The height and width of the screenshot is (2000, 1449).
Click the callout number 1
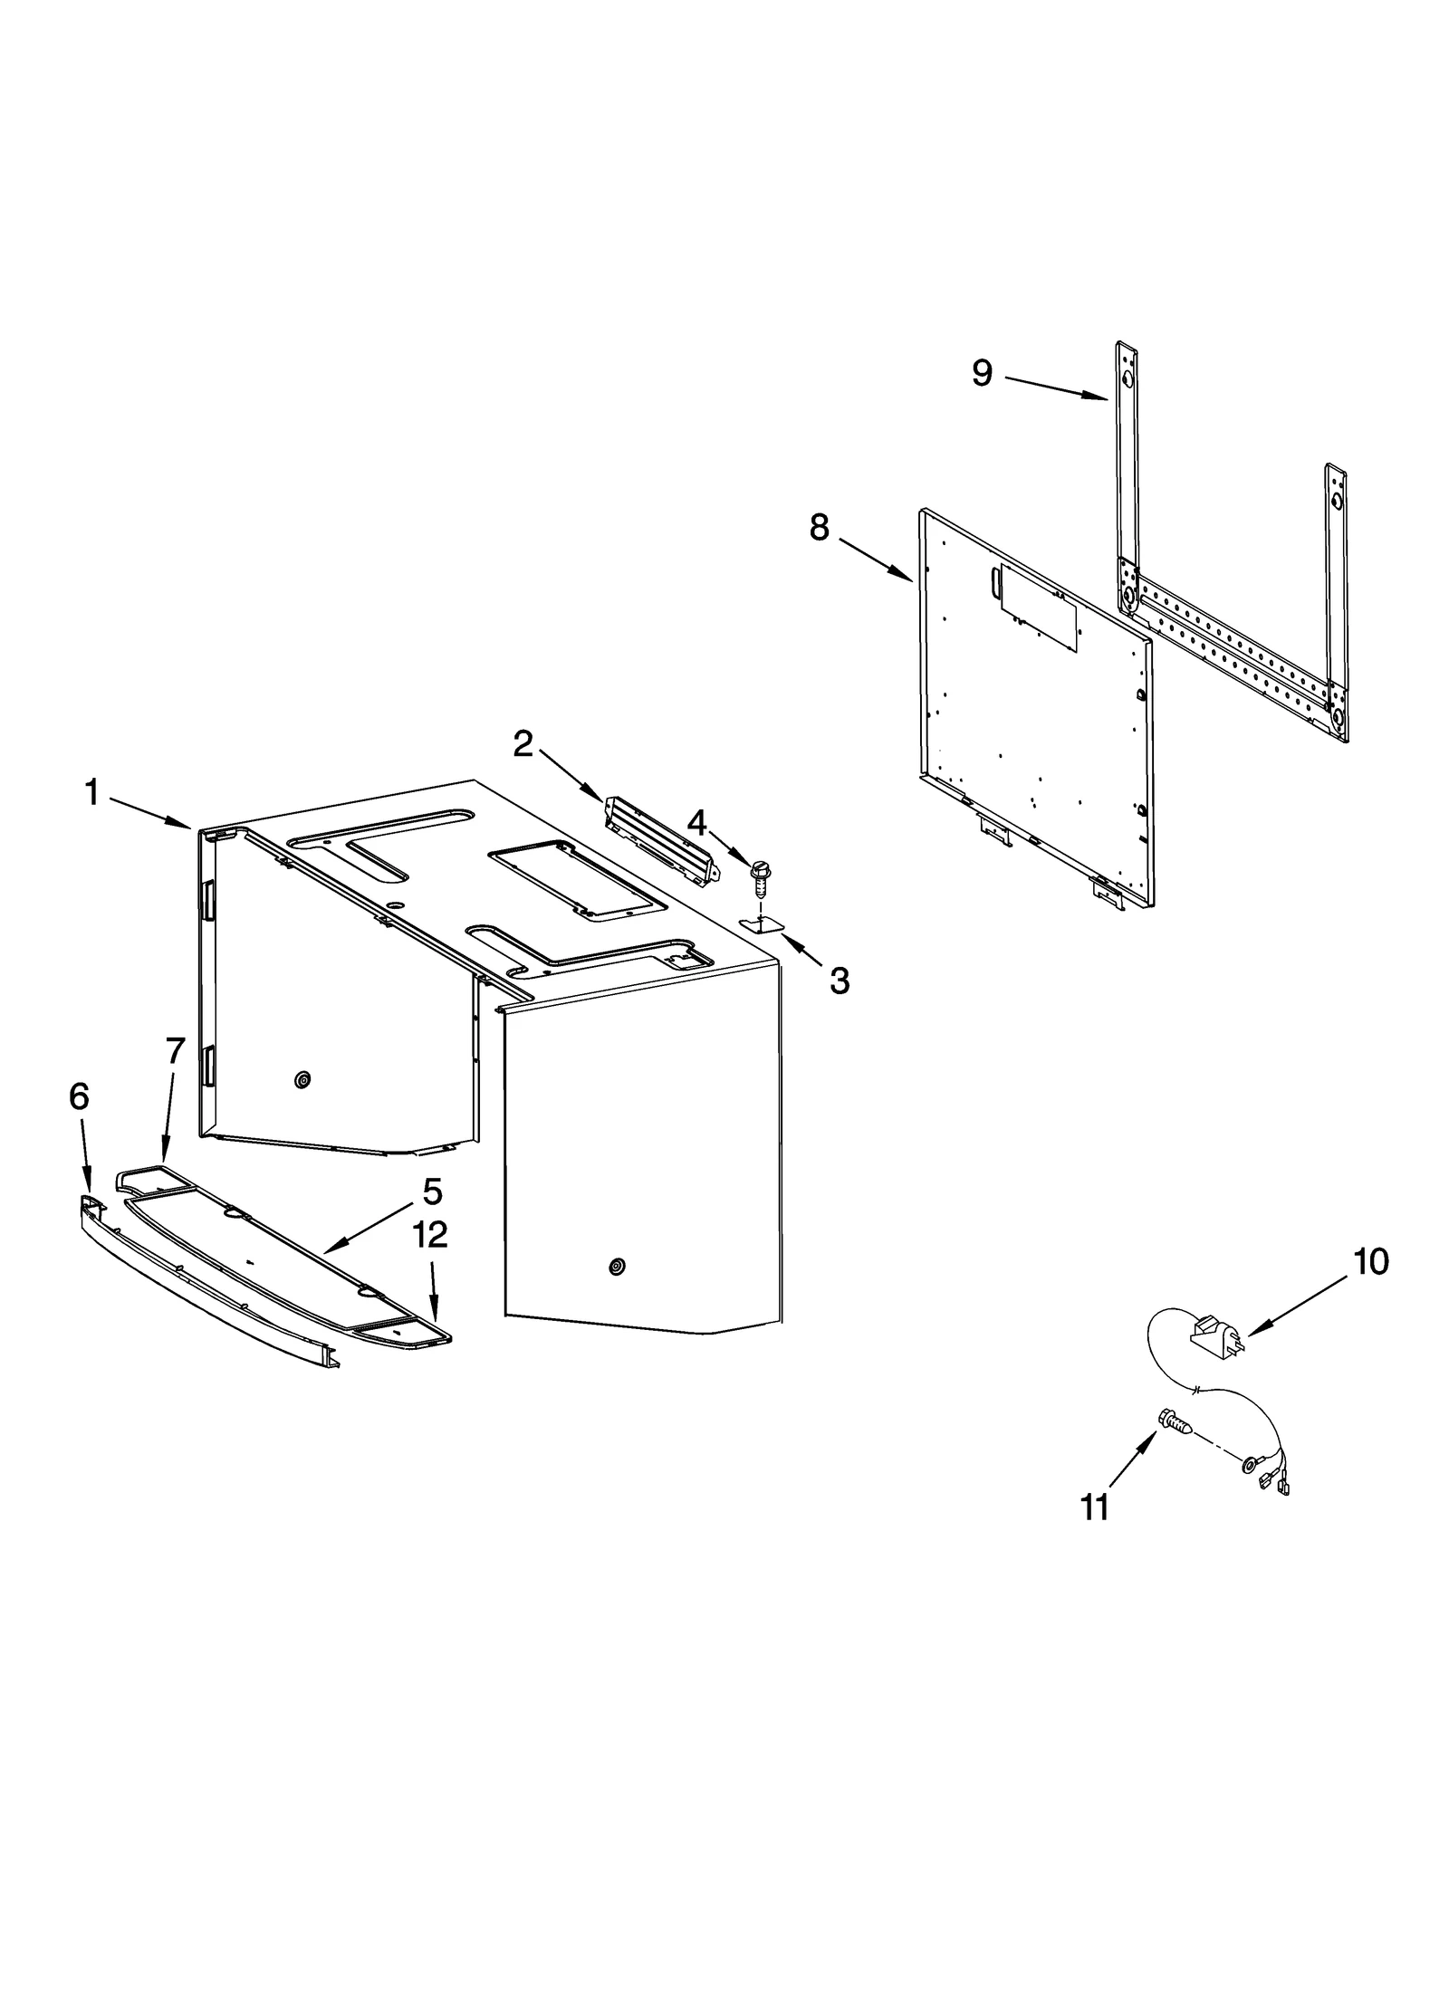click(x=91, y=793)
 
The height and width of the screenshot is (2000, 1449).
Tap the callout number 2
click(x=523, y=744)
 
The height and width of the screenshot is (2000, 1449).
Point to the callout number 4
click(x=696, y=823)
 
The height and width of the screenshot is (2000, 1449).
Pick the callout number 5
click(x=432, y=1192)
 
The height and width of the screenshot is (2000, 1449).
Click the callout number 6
click(x=80, y=1096)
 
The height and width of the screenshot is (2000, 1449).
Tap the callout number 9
click(x=982, y=372)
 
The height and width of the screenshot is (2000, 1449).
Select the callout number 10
click(x=1371, y=1261)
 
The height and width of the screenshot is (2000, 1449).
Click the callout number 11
click(x=1095, y=1507)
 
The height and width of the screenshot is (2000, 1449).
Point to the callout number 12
click(x=431, y=1235)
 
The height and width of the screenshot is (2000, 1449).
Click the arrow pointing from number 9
click(x=1056, y=387)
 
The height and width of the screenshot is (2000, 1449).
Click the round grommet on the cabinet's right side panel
click(x=617, y=1266)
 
